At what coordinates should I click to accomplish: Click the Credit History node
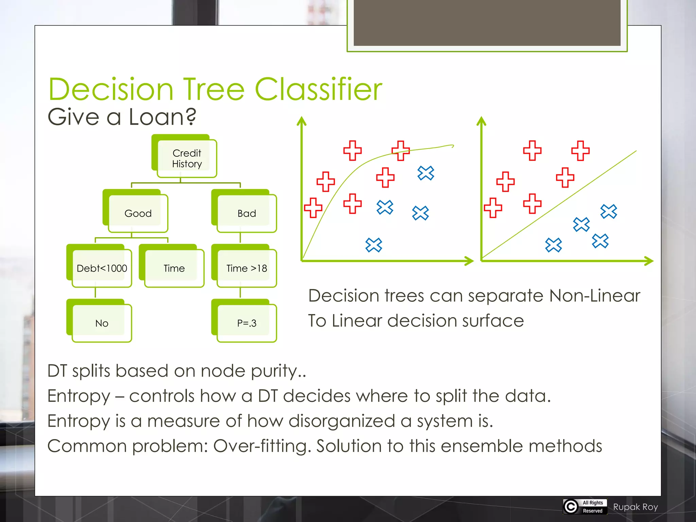pos(187,158)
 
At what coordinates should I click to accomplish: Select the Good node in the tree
pos(138,213)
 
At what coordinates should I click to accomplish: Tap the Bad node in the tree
pos(247,213)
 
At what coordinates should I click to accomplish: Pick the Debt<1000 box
pos(102,268)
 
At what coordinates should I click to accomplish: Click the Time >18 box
pos(247,268)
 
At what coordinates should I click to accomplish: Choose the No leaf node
pos(102,323)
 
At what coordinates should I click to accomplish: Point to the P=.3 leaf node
pos(247,323)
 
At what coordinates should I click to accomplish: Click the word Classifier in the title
pos(318,89)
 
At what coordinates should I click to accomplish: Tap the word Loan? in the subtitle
pos(162,117)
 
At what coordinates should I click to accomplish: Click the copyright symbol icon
pos(571,506)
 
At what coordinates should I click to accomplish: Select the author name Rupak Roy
pos(636,507)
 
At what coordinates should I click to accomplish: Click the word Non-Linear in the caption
pos(594,296)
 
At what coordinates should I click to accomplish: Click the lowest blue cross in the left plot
pos(374,245)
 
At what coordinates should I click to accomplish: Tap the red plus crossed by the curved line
pos(401,151)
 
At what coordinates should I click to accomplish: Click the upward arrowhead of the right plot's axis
pos(481,121)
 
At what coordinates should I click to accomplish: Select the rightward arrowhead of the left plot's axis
pos(470,261)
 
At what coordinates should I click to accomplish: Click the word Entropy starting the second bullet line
pos(79,396)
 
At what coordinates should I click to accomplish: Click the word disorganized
pos(342,421)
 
